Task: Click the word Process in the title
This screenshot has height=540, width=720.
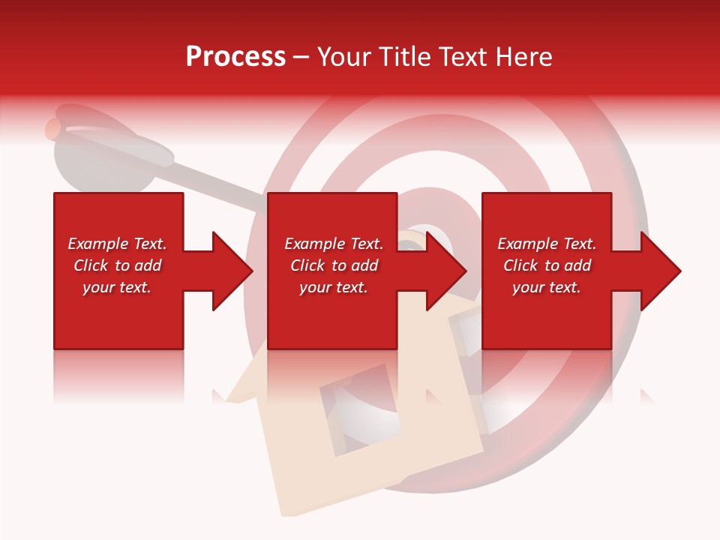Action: click(235, 57)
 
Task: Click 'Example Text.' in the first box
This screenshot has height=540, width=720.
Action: click(117, 244)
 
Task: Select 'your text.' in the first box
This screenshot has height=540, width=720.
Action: click(117, 287)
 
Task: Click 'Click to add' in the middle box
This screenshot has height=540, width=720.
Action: click(334, 265)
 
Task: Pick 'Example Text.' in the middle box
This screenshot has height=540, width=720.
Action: click(334, 244)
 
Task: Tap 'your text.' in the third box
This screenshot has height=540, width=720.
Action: click(547, 287)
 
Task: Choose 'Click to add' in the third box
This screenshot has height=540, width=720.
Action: click(547, 265)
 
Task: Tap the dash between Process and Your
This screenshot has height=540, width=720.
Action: click(301, 57)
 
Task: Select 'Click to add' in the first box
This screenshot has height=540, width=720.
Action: click(117, 265)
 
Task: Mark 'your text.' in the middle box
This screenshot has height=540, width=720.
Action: click(334, 287)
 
